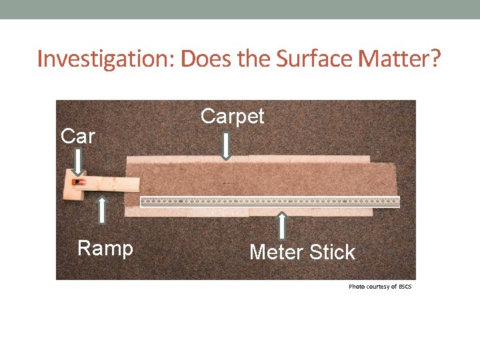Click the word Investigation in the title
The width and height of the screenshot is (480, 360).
(x=106, y=59)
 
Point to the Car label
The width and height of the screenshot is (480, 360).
(x=78, y=136)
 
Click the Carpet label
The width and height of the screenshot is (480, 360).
(x=233, y=116)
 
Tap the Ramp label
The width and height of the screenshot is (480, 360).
(x=105, y=249)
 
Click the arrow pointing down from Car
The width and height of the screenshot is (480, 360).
(x=78, y=162)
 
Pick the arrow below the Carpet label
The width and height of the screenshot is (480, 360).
(x=226, y=146)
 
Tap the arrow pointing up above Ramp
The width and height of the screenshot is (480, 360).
(x=103, y=210)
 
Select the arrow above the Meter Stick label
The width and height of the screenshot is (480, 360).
(x=282, y=225)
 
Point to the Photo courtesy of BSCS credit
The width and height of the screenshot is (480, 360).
(x=380, y=286)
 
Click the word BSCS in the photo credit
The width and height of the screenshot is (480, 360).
(x=405, y=286)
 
